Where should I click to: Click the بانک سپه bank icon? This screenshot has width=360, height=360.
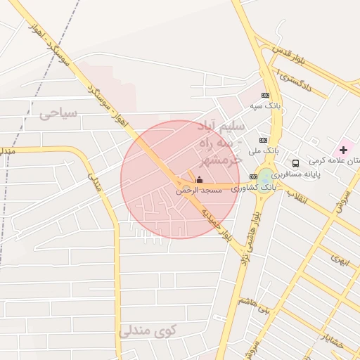(x=265, y=95)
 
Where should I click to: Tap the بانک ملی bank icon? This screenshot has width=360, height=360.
(x=263, y=140)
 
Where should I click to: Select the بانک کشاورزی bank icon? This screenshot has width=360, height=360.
(x=253, y=176)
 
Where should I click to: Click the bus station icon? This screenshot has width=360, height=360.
(x=295, y=162)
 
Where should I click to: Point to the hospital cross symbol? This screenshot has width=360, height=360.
(x=343, y=150)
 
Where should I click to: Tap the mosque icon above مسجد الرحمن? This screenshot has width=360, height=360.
(x=199, y=179)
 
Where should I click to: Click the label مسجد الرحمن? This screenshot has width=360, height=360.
(x=199, y=191)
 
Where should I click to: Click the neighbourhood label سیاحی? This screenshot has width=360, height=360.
(x=58, y=112)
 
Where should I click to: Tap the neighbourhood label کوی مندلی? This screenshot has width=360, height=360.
(x=148, y=330)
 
